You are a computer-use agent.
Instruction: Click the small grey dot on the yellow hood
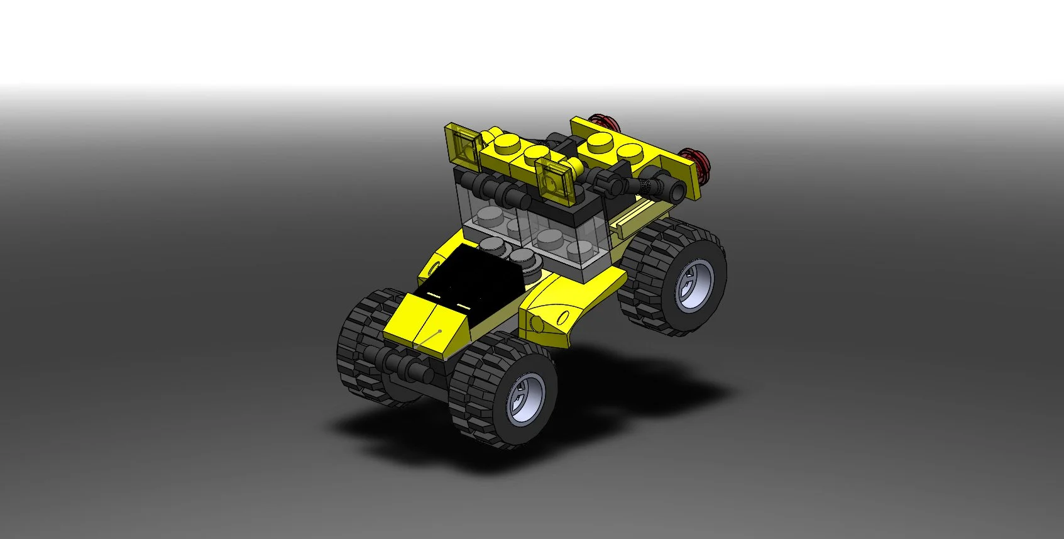pos(440,331)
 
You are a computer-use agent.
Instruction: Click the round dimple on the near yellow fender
pos(536,324)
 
